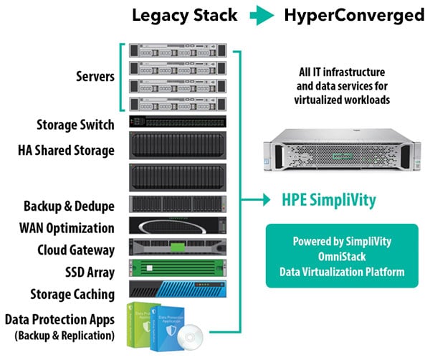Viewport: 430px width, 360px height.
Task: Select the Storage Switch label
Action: [x=75, y=125]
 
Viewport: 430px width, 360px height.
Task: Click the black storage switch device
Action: [x=177, y=123]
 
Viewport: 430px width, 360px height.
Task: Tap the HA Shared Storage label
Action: [x=66, y=151]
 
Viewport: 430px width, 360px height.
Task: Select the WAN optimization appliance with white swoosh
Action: [x=177, y=227]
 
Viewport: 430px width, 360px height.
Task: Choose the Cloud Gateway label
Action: [x=76, y=250]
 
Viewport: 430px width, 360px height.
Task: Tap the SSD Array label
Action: [x=85, y=273]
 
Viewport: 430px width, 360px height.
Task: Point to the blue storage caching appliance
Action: [x=177, y=289]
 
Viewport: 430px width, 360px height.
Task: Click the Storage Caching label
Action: [x=72, y=294]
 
